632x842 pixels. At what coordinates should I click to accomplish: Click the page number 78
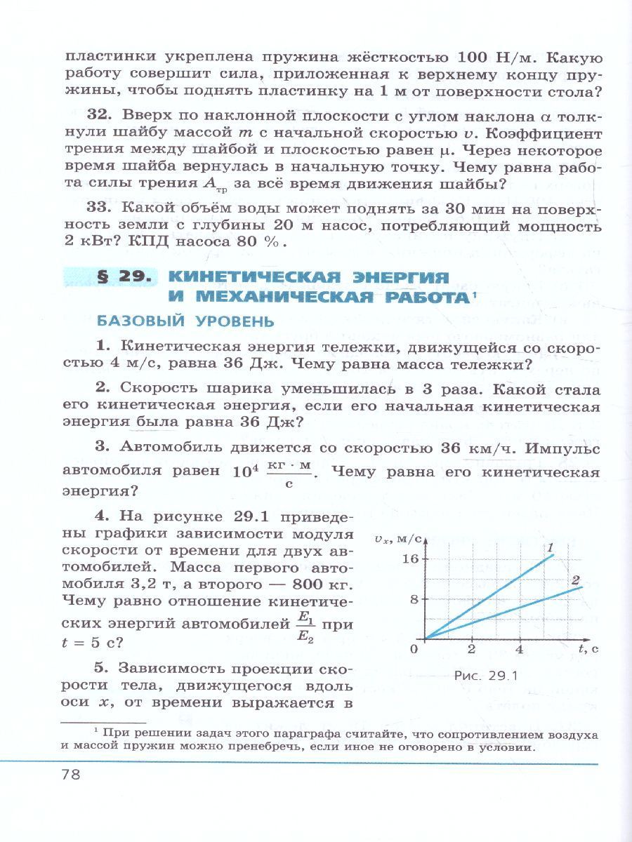pyautogui.click(x=72, y=775)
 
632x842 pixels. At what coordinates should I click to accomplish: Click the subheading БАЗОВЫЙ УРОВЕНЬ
pyautogui.click(x=185, y=321)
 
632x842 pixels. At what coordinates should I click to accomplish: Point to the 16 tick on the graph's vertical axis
pyautogui.click(x=410, y=559)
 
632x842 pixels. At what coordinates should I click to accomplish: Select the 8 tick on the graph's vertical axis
pyautogui.click(x=414, y=599)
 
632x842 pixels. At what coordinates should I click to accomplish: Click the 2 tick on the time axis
pyautogui.click(x=472, y=649)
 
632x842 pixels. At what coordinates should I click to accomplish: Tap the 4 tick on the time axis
pyautogui.click(x=520, y=649)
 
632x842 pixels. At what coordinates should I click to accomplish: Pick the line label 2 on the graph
pyautogui.click(x=575, y=580)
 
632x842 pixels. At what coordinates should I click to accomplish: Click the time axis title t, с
pyautogui.click(x=589, y=648)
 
